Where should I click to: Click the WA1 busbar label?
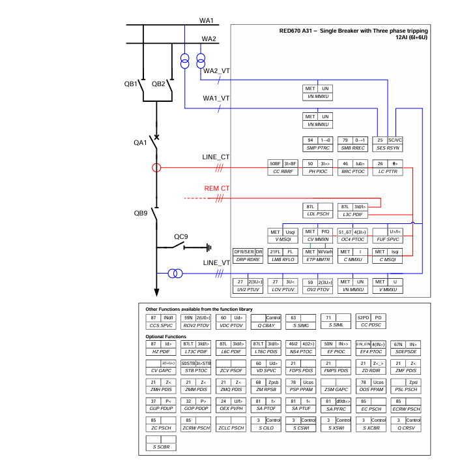point(207,22)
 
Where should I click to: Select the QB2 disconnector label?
point(158,84)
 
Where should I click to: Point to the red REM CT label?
point(216,189)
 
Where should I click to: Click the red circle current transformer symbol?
point(156,168)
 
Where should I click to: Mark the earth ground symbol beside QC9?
point(208,247)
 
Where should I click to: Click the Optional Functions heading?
point(170,337)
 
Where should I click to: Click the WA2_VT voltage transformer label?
point(216,71)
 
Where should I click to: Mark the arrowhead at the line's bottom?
point(156,292)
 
